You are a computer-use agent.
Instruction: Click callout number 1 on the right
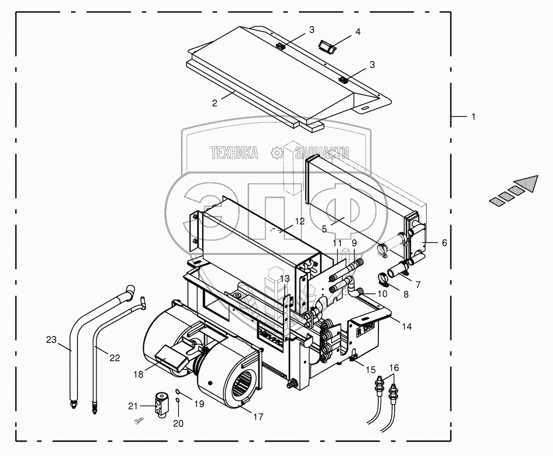(x=473, y=117)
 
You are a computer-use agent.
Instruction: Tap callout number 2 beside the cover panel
(x=215, y=103)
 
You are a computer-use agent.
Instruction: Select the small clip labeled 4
(x=327, y=47)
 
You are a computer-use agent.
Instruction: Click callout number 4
(x=358, y=32)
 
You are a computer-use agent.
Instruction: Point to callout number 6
(x=444, y=243)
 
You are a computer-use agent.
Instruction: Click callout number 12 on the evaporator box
(x=300, y=221)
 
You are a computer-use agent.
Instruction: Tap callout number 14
(x=406, y=326)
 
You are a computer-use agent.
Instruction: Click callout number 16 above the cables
(x=394, y=368)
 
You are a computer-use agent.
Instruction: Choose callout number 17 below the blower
(x=258, y=417)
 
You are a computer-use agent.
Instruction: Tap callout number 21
(x=132, y=406)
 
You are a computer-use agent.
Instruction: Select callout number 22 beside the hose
(x=114, y=358)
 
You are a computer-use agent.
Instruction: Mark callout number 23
(x=52, y=339)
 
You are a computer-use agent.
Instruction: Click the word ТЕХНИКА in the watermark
(x=234, y=153)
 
